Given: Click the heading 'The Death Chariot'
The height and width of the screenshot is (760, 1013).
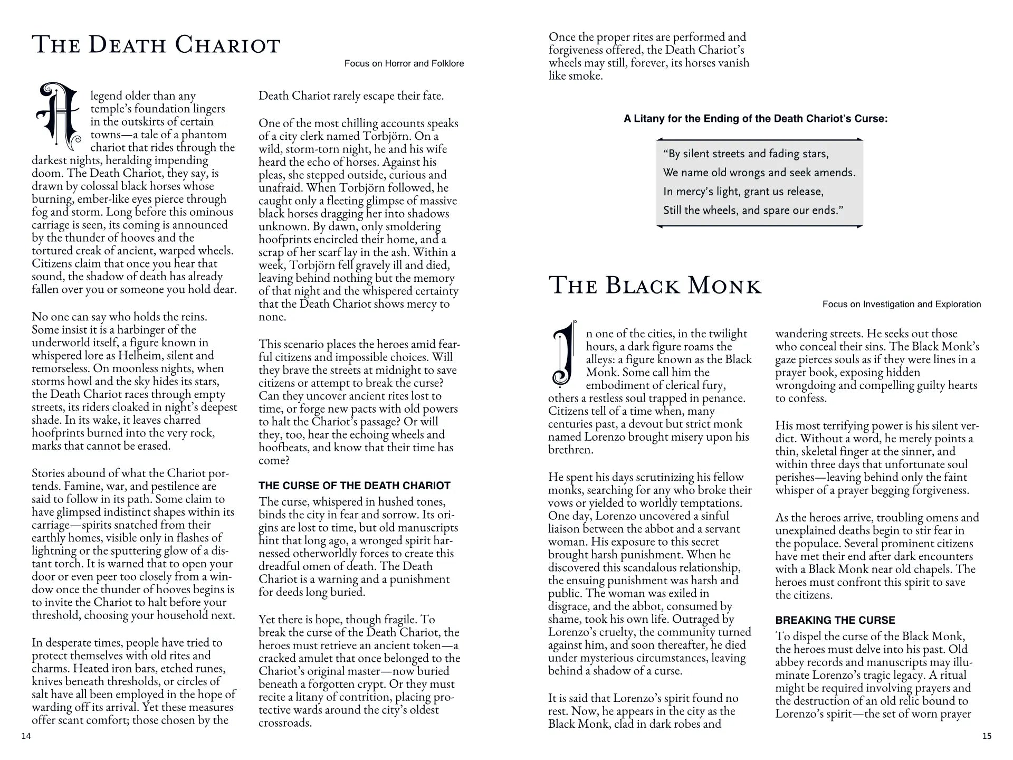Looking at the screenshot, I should tap(156, 44).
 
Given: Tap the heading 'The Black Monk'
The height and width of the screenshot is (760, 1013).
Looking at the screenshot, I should tap(655, 286).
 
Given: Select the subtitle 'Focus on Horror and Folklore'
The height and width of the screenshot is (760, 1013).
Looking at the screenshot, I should tap(404, 63).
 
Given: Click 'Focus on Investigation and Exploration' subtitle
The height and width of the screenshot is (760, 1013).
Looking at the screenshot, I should tap(902, 304).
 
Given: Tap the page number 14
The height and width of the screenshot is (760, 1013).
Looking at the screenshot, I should tap(26, 736).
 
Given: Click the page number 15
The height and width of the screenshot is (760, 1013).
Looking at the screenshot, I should tap(987, 736).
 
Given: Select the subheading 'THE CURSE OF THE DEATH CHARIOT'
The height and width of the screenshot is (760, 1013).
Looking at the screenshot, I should tap(355, 486).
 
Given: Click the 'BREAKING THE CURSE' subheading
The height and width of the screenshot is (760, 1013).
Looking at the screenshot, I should tap(835, 620).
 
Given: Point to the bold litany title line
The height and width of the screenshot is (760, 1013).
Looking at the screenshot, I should tap(756, 119).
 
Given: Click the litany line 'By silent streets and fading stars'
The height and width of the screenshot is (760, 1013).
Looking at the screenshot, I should tap(746, 154).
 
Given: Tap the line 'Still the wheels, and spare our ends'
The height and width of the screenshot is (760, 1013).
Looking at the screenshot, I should tap(753, 210).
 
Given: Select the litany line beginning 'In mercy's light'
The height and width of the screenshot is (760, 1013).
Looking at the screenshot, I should tap(743, 191).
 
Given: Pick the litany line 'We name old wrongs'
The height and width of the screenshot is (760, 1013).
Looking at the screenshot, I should tap(759, 173).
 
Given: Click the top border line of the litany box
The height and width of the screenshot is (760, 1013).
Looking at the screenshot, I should tap(759, 139).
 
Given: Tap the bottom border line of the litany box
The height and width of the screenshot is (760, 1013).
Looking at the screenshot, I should tap(759, 226).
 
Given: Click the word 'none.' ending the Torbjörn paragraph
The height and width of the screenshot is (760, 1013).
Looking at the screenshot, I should tap(272, 317).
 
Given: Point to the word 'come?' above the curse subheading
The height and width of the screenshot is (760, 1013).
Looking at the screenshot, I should tap(274, 460).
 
